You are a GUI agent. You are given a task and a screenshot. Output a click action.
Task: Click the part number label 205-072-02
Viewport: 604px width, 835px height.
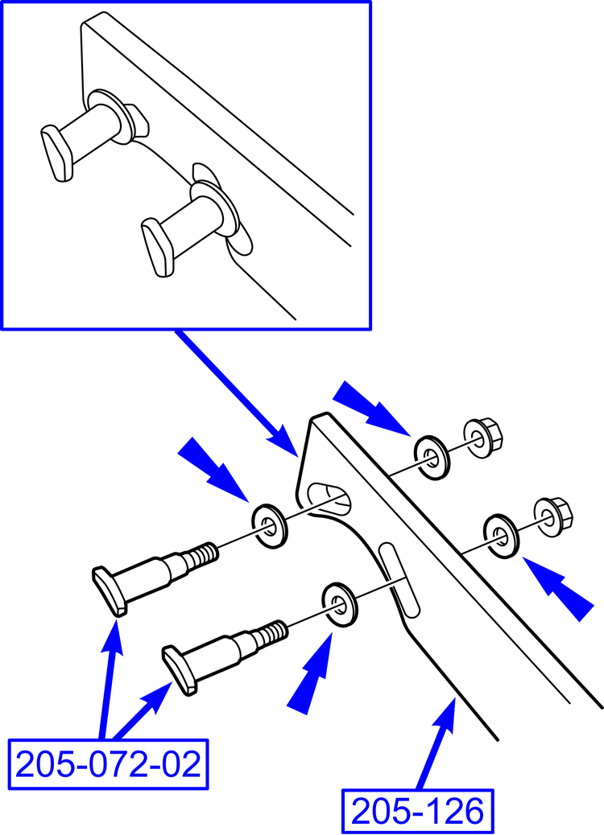(x=108, y=765)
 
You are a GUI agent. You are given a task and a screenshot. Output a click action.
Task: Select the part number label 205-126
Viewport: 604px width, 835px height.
(x=417, y=812)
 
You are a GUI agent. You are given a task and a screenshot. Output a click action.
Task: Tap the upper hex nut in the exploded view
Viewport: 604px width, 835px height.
(x=483, y=438)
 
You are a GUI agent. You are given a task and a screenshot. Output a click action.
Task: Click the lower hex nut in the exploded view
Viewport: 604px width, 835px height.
(x=552, y=516)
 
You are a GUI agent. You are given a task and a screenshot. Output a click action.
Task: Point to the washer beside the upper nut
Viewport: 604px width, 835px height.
(x=432, y=458)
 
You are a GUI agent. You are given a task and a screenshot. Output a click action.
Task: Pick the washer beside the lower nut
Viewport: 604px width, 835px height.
(x=501, y=535)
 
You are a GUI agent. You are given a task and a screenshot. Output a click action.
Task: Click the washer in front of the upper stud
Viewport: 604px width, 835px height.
(x=269, y=525)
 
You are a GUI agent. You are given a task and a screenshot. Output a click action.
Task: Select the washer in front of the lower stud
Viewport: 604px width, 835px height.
(x=340, y=604)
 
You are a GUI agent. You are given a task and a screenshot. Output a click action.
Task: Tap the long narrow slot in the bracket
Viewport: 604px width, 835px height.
(x=399, y=581)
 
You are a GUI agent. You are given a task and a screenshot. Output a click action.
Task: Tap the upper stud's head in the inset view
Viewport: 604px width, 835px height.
(x=57, y=154)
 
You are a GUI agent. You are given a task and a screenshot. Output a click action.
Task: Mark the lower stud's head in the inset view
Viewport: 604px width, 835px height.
(x=157, y=247)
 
